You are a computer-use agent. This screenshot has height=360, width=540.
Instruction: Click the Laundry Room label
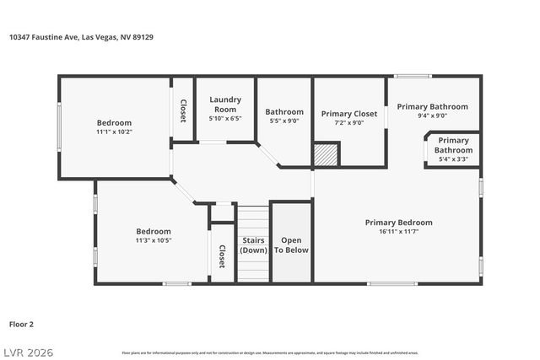click(x=224, y=105)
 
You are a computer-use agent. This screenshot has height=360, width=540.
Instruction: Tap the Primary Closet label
click(x=348, y=113)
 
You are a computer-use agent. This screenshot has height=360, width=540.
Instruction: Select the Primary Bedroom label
click(x=398, y=223)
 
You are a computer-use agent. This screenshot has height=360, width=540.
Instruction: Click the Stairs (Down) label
click(x=254, y=245)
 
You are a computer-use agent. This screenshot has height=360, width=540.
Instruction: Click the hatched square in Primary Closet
click(x=326, y=154)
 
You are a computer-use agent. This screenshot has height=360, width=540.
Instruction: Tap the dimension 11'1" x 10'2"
click(x=114, y=132)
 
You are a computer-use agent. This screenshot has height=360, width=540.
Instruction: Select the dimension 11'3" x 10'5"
click(x=154, y=240)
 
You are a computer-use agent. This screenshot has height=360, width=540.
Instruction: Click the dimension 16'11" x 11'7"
click(x=398, y=232)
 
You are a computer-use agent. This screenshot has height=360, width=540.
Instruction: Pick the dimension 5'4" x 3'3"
click(x=453, y=159)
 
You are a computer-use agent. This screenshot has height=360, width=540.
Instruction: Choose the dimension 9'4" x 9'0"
click(x=432, y=116)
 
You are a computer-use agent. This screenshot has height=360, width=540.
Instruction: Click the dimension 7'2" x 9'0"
click(x=348, y=122)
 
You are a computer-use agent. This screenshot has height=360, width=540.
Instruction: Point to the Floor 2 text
click(x=22, y=323)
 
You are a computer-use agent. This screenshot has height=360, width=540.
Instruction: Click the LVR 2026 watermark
click(x=33, y=349)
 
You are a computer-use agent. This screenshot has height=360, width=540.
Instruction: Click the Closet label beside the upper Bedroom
click(x=183, y=110)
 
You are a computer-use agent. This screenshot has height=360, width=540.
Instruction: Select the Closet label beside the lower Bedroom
click(x=222, y=256)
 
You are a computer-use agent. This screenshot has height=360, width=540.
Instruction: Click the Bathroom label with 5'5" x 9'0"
click(x=284, y=111)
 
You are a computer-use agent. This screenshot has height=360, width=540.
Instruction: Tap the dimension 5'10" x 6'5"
click(x=224, y=119)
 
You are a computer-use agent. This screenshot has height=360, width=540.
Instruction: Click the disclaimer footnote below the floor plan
click(x=269, y=352)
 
